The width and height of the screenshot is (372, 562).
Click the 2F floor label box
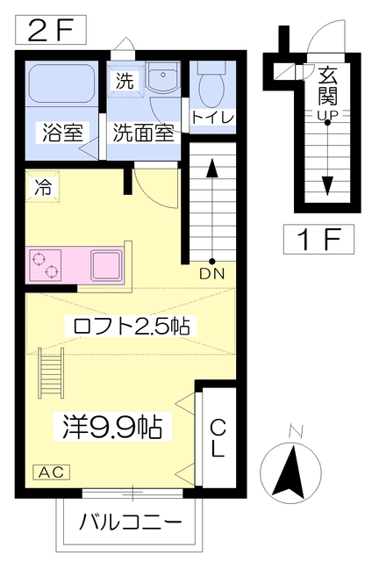click(51, 31)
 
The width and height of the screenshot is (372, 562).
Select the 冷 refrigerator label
click(42, 187)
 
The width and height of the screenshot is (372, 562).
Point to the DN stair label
click(211, 273)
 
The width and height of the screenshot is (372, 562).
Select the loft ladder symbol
click(51, 369)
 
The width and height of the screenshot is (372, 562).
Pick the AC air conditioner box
click(51, 472)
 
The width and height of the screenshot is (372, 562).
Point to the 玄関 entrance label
click(327, 84)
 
